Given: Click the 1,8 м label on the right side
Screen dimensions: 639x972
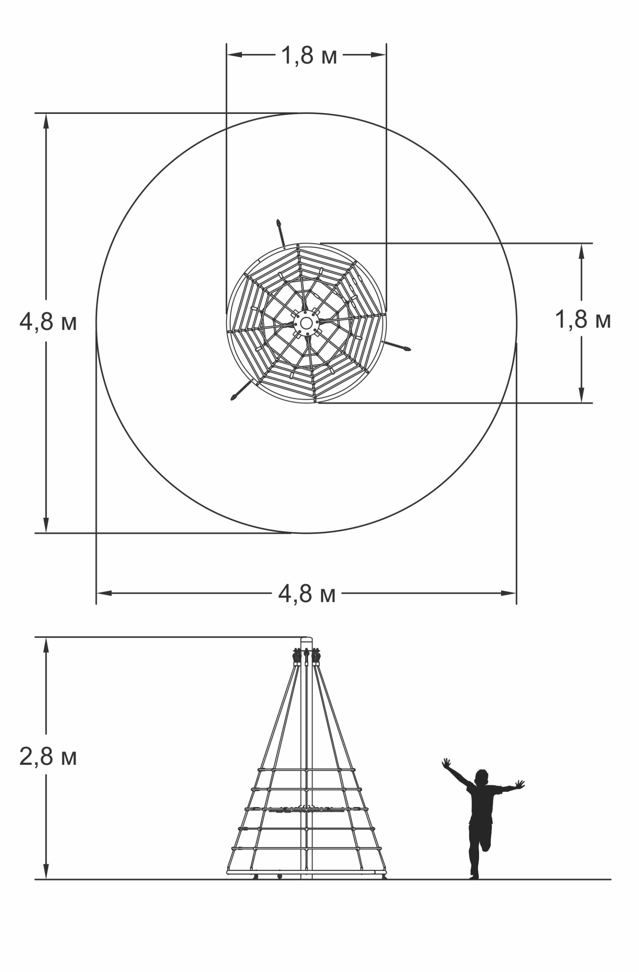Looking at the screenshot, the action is point(583,319).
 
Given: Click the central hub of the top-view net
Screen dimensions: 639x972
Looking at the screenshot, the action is point(306,323).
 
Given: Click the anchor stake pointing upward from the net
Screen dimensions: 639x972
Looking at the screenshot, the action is point(281,234).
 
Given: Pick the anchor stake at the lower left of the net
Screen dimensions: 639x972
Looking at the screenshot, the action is point(242,390).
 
